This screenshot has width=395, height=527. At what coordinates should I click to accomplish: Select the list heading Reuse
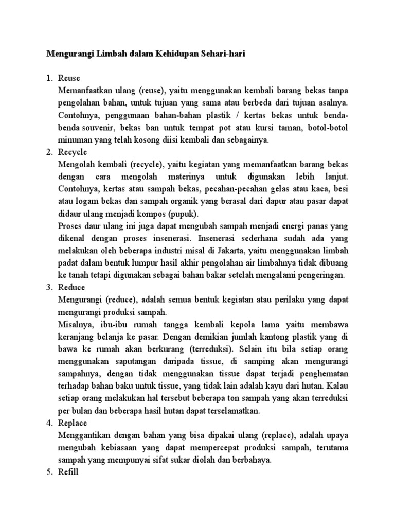click(x=69, y=78)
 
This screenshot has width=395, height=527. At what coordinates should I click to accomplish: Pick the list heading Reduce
click(x=72, y=287)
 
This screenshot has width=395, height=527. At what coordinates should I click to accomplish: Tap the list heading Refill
click(x=68, y=472)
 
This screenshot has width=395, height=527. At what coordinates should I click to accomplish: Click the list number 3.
click(x=50, y=287)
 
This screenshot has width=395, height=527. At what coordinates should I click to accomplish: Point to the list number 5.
click(x=50, y=472)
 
